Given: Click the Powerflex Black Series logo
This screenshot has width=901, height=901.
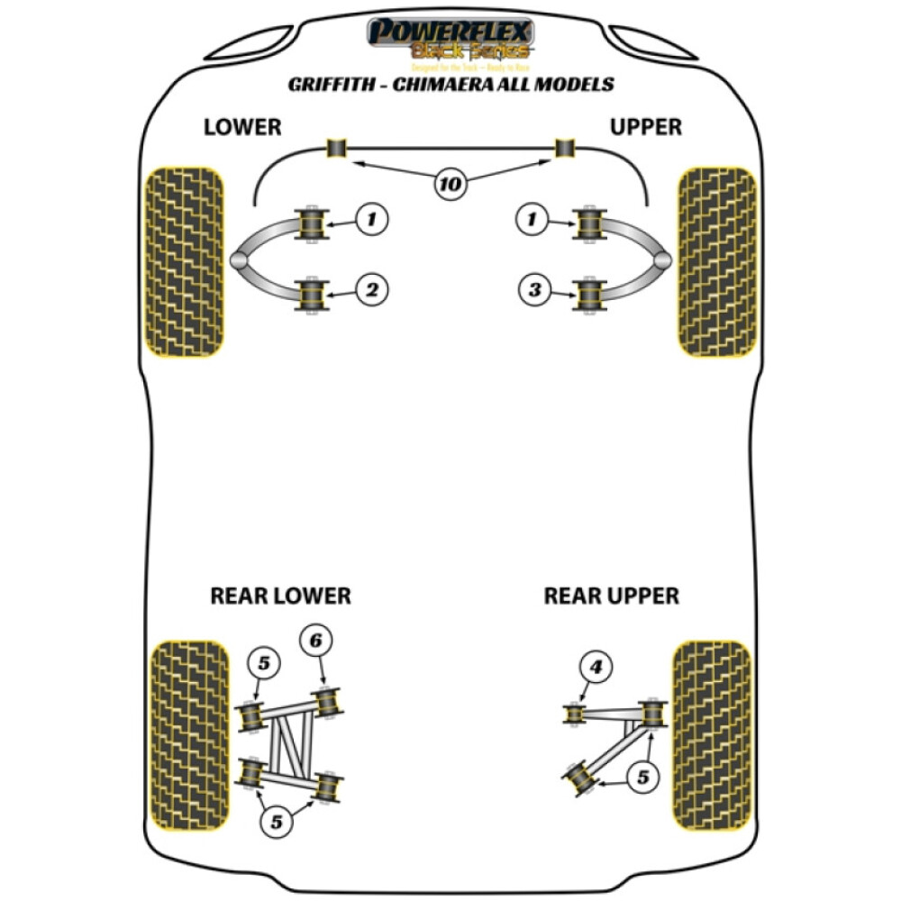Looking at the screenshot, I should click(450, 41).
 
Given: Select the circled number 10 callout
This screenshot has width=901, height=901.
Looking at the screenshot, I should click(450, 186).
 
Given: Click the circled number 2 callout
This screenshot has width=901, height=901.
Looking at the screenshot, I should click(371, 289).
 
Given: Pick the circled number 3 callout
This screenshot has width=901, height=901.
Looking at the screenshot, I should click(535, 289).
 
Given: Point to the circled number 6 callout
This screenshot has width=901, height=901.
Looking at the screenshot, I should click(315, 641).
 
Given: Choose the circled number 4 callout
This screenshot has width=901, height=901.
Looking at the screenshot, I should click(596, 668).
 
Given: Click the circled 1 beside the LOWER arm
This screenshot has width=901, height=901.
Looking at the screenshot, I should click(371, 217).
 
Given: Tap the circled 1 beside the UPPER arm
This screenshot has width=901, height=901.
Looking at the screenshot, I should click(535, 217).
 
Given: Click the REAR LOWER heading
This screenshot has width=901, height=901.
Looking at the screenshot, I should click(280, 596).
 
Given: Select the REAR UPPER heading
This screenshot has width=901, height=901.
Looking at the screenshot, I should click(611, 596).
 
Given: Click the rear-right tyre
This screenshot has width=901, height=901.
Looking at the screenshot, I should click(712, 735).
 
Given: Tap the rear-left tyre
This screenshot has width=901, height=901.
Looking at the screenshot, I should click(188, 735).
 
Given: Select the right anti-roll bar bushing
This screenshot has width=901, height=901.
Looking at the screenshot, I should click(565, 148).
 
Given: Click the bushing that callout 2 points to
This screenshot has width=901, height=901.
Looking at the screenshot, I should click(310, 295).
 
